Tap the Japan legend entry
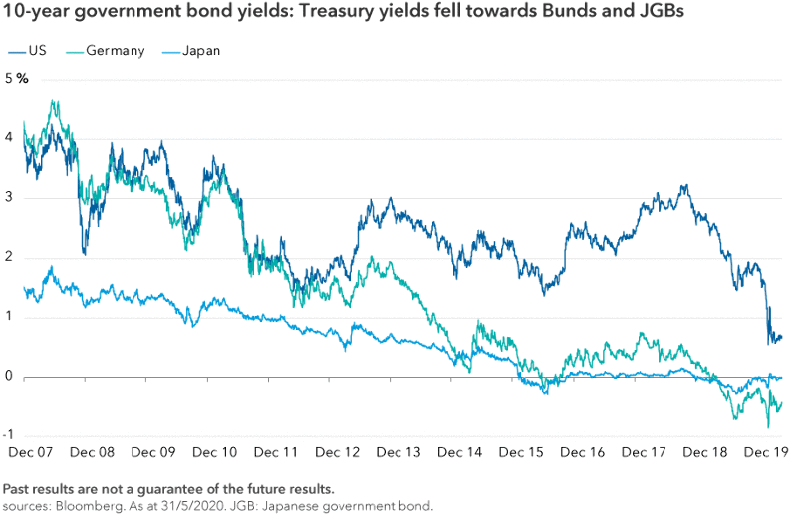click(201, 49)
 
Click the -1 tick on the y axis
click(8, 435)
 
